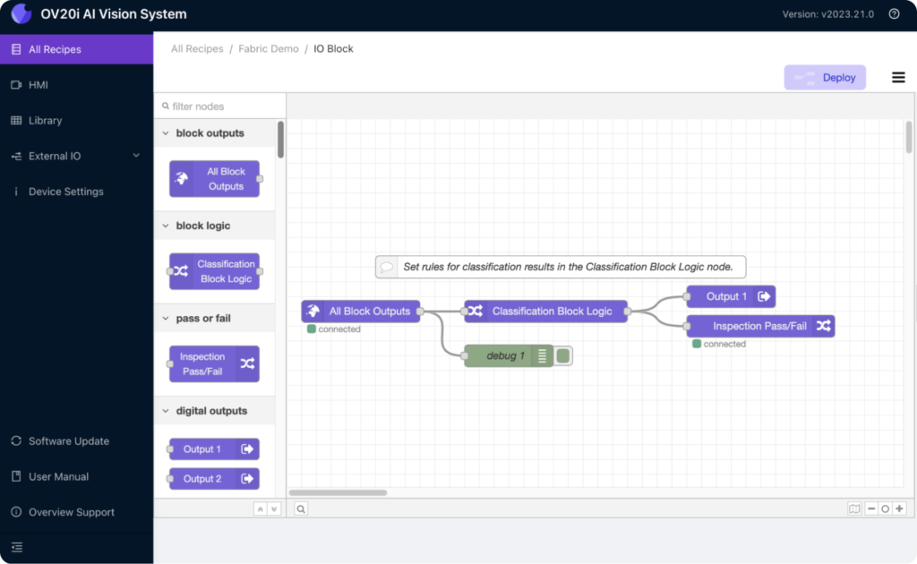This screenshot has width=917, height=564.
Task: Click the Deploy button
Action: tap(825, 77)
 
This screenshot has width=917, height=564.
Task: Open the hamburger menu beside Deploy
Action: tap(898, 77)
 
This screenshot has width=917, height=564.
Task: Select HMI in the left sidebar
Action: tap(38, 85)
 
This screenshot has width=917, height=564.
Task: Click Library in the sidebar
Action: tap(45, 120)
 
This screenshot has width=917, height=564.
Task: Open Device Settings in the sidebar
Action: tap(65, 192)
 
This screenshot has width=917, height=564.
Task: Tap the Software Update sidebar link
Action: tap(68, 441)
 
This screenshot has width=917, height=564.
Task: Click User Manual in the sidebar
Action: tap(58, 477)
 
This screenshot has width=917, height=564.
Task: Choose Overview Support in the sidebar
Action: tap(72, 513)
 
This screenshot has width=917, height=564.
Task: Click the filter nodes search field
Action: tap(222, 107)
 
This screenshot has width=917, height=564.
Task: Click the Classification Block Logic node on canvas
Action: tap(545, 312)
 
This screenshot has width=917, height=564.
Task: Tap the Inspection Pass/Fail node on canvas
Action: tap(760, 326)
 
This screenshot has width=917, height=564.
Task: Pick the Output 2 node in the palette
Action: tap(214, 479)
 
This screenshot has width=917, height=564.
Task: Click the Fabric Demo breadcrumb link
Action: tap(269, 49)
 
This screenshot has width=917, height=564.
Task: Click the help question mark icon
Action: tap(895, 14)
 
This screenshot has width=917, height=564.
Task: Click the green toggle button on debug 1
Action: tap(563, 355)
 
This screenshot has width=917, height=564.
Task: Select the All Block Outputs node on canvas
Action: tap(361, 312)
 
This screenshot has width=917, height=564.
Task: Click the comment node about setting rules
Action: tap(561, 267)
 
